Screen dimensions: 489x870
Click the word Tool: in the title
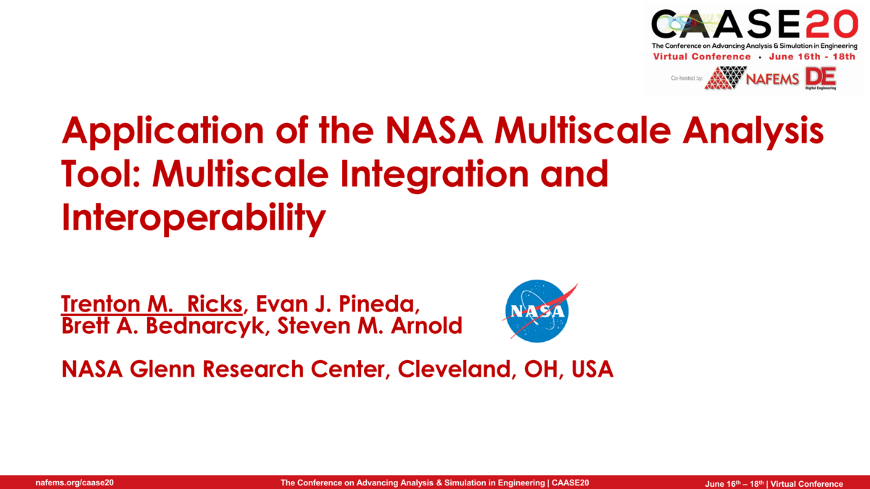102,175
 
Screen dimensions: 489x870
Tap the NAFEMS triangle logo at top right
726,77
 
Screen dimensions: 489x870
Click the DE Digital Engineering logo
820,78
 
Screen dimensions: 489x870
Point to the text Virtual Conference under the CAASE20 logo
702,57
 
